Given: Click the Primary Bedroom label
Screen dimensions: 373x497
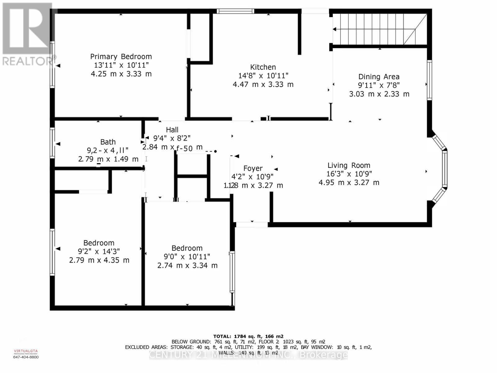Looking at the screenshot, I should click(121, 57).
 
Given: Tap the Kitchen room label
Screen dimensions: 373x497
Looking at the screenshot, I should click(263, 67).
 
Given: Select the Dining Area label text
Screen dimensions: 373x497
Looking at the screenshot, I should click(379, 77).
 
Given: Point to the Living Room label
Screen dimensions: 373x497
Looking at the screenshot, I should click(349, 165).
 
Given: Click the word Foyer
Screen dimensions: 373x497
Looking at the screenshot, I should click(253, 168).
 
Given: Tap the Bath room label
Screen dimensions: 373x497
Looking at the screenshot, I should click(108, 142).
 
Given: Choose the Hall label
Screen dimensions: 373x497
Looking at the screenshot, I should click(172, 130).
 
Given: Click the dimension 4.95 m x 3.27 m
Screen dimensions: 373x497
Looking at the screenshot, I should click(349, 182).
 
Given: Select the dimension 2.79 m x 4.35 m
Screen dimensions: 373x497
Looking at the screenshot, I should click(99, 260).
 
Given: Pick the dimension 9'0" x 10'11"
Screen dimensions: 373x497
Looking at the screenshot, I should click(187, 257).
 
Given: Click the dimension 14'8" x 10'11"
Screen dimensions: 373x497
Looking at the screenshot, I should click(263, 76).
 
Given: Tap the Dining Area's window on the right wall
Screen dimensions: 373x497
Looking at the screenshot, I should click(429, 80).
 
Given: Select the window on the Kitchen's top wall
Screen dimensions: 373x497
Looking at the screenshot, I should click(235, 11).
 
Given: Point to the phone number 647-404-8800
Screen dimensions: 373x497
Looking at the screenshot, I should click(26, 357).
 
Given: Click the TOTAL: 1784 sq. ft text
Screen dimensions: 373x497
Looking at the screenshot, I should click(248, 336).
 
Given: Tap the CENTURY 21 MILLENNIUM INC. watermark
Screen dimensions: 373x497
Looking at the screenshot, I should click(248, 355).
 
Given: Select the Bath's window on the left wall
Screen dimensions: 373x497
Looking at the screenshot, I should click(52, 143).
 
